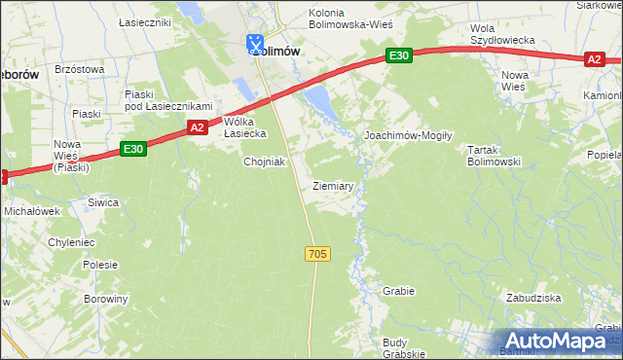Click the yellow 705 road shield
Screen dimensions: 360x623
tap(317, 254)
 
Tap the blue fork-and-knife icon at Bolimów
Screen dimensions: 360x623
tap(254, 43)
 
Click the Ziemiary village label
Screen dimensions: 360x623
tap(333, 185)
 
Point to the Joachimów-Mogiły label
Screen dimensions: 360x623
tap(408, 136)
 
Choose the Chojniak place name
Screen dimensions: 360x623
tap(264, 162)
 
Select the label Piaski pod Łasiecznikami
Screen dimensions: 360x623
tap(167, 99)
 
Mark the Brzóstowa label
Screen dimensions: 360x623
tap(80, 69)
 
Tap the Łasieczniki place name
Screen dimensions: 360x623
tap(144, 20)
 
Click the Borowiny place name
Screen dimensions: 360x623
tap(105, 299)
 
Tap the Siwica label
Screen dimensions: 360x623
tap(102, 202)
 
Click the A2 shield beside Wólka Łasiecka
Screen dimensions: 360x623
tap(197, 126)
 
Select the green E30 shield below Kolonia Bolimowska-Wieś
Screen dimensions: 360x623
tap(397, 56)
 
